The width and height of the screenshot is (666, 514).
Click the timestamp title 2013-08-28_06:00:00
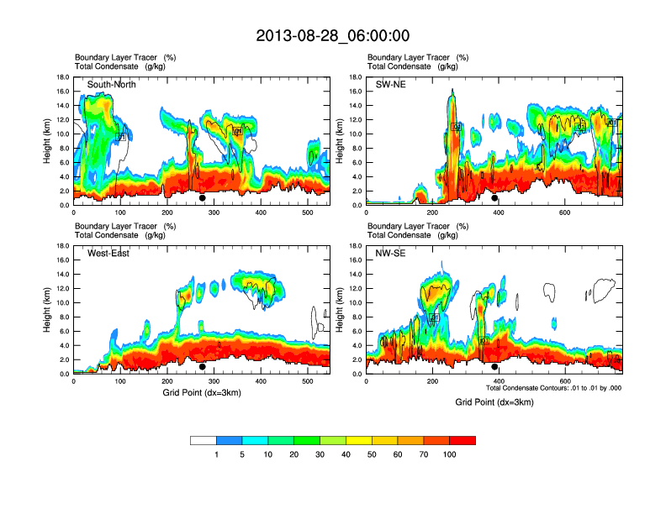click(x=333, y=35)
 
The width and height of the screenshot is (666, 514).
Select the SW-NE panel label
click(x=391, y=85)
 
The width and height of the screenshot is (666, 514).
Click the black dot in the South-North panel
click(x=203, y=198)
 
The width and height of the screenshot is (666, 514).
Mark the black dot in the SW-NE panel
click(x=495, y=198)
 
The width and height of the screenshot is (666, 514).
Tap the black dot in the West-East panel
click(x=203, y=367)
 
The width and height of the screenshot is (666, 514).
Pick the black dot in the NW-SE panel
click(x=495, y=367)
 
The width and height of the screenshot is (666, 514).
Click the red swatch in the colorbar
click(x=462, y=440)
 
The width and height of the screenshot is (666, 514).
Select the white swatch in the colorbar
click(x=203, y=440)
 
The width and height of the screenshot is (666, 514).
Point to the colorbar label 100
click(x=450, y=454)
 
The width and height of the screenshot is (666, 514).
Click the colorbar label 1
click(x=217, y=454)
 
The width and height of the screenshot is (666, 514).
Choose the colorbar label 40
click(x=346, y=454)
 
